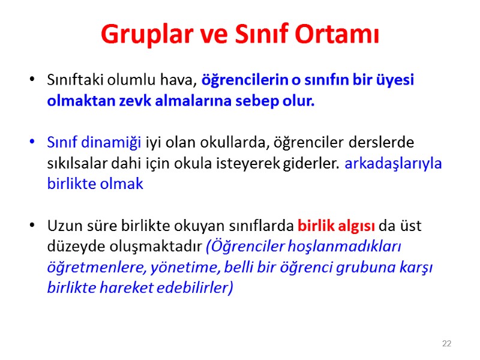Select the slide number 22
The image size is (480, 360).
click(x=446, y=344)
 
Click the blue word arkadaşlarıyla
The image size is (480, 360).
click(x=394, y=163)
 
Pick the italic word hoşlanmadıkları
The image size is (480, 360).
click(x=346, y=247)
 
